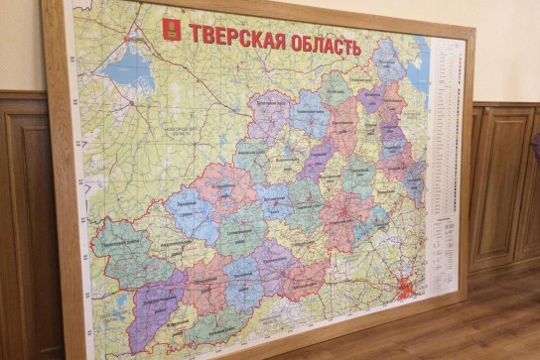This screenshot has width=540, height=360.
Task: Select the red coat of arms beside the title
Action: point(173,29)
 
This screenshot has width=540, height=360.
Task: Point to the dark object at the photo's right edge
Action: point(535,149)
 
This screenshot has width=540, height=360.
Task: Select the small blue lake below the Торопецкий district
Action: point(120,301)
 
